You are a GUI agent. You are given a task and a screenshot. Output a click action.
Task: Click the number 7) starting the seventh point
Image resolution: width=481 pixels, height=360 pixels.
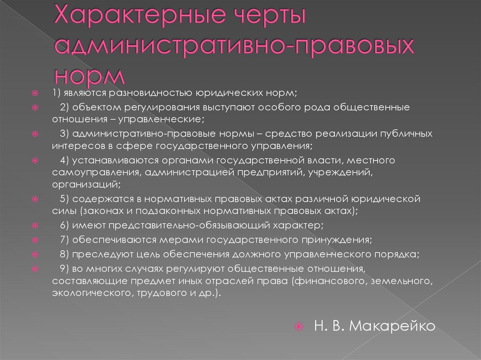tap(65, 240)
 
